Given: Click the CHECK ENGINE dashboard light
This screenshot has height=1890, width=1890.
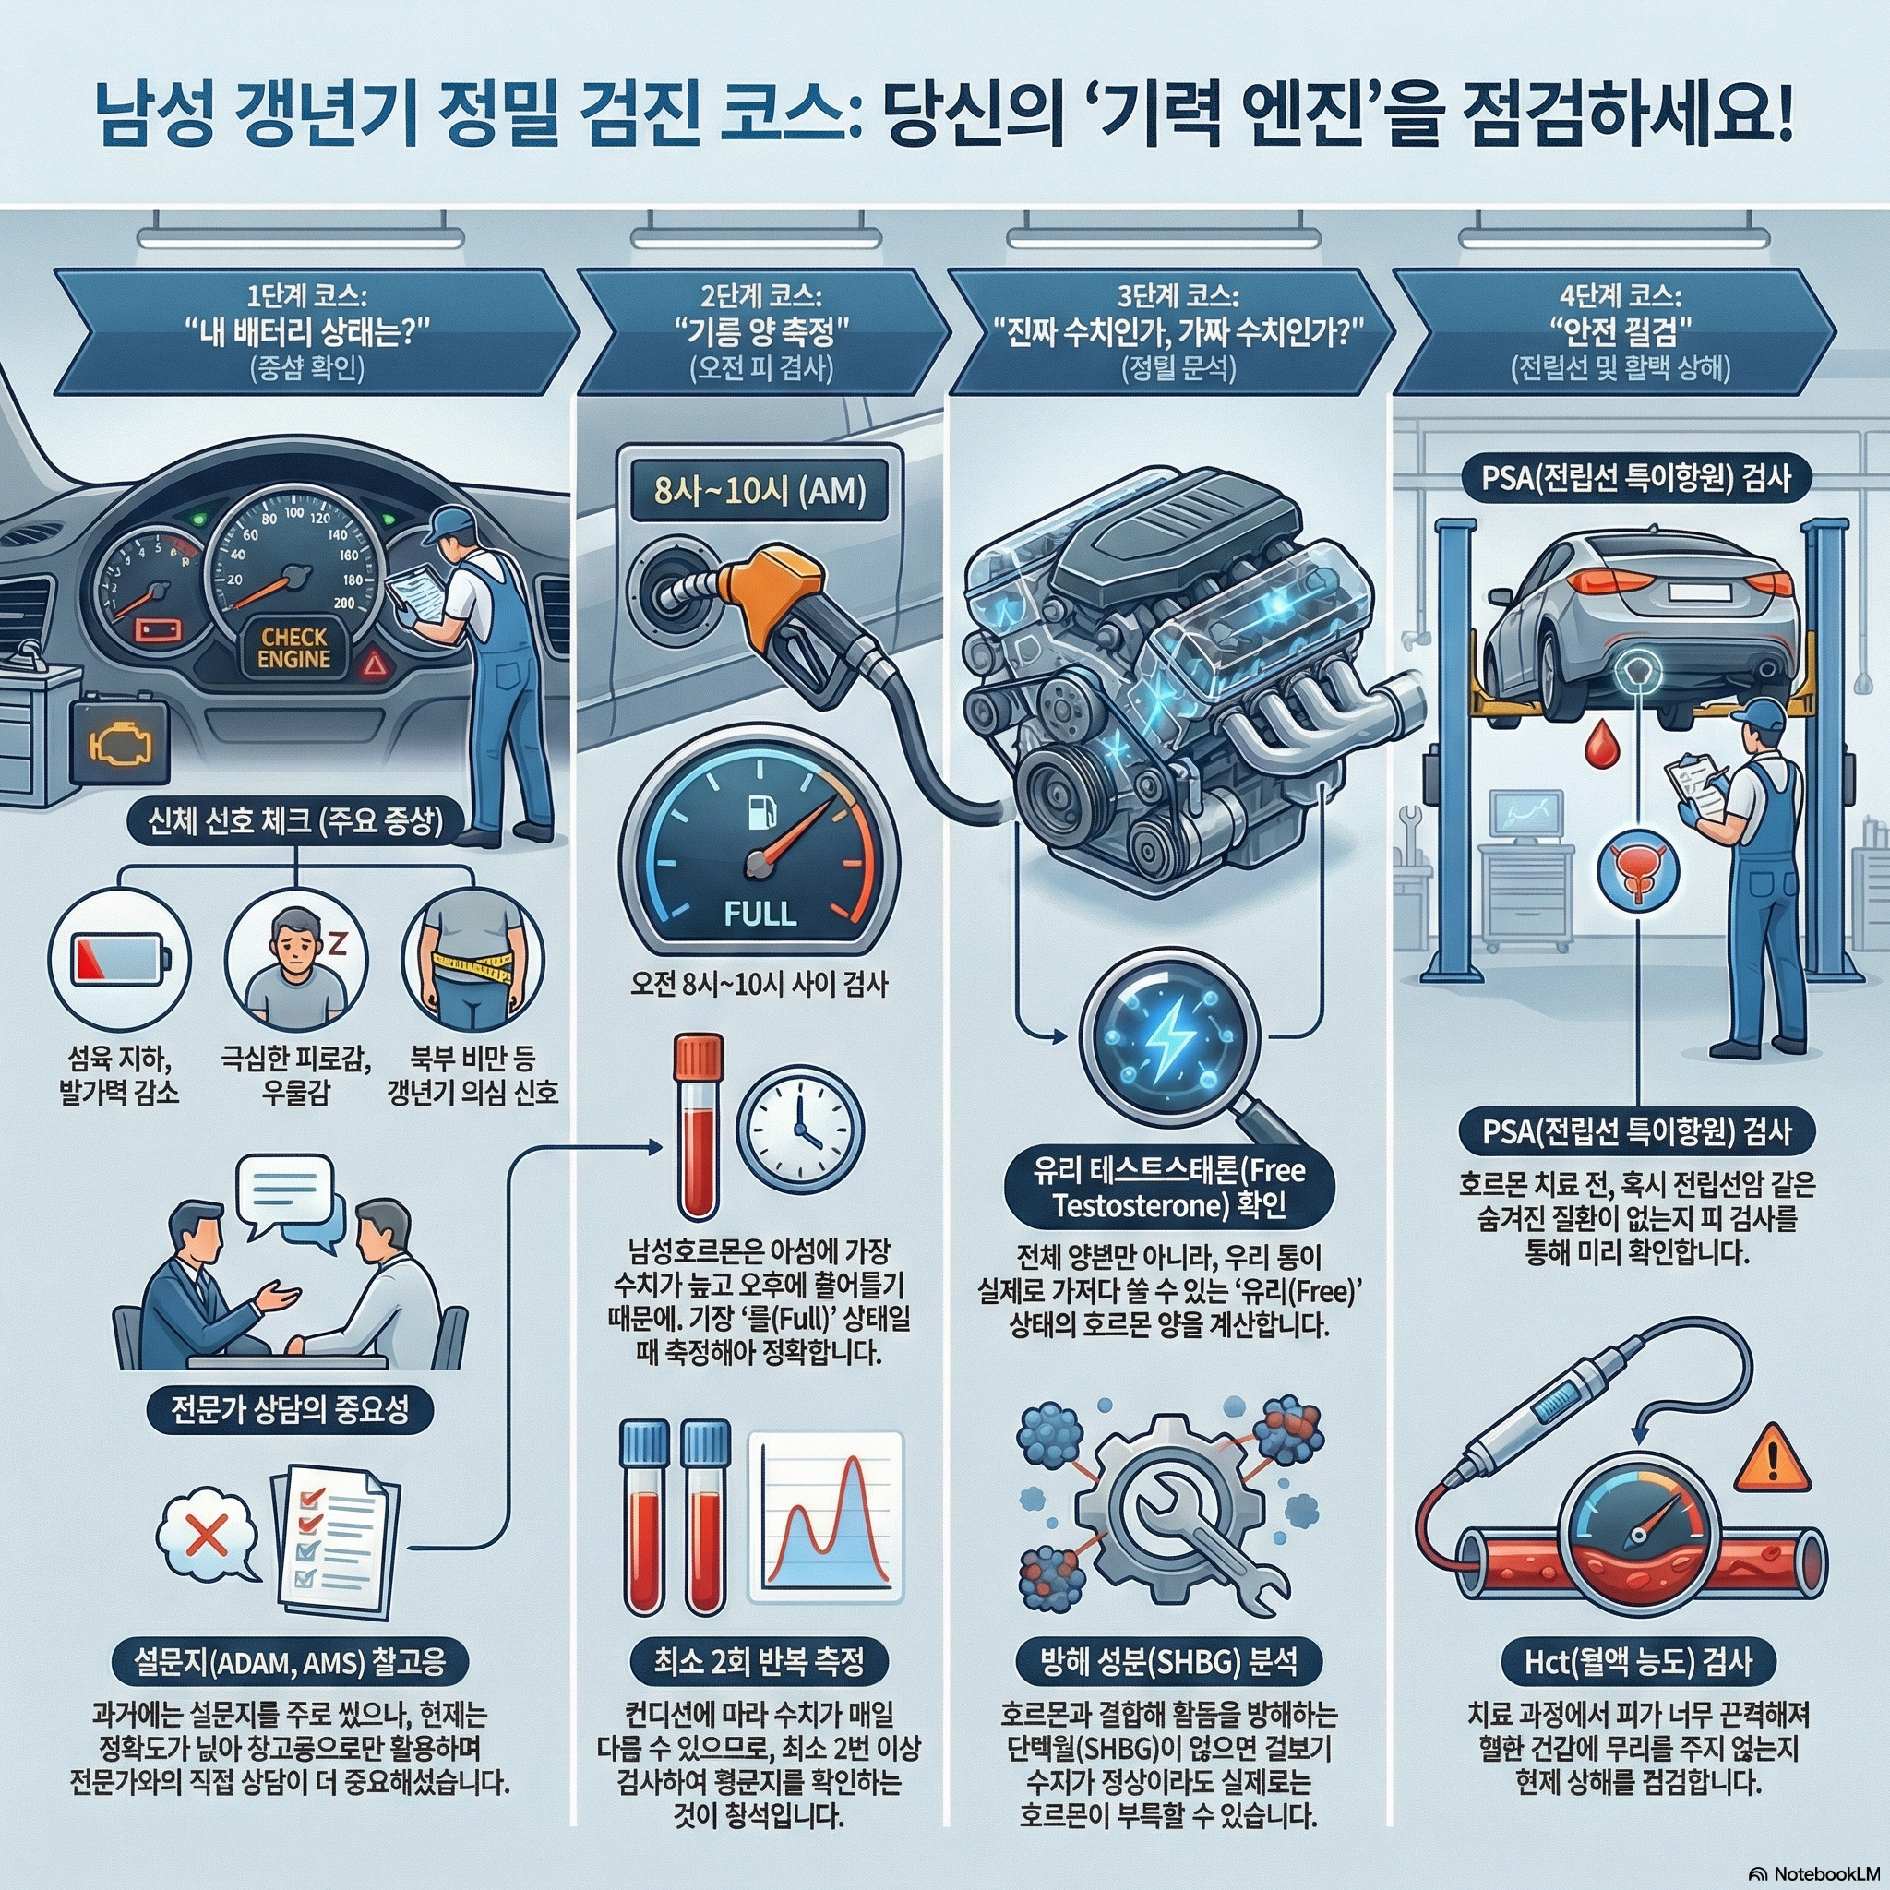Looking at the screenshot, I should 293,649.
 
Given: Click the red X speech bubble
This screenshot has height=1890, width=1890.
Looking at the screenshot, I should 208,1536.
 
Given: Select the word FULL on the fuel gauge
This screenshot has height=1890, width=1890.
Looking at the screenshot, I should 760,914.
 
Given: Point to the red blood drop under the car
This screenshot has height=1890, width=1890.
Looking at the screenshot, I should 1600,747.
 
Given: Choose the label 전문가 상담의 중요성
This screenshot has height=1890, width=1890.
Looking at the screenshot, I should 290,1410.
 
